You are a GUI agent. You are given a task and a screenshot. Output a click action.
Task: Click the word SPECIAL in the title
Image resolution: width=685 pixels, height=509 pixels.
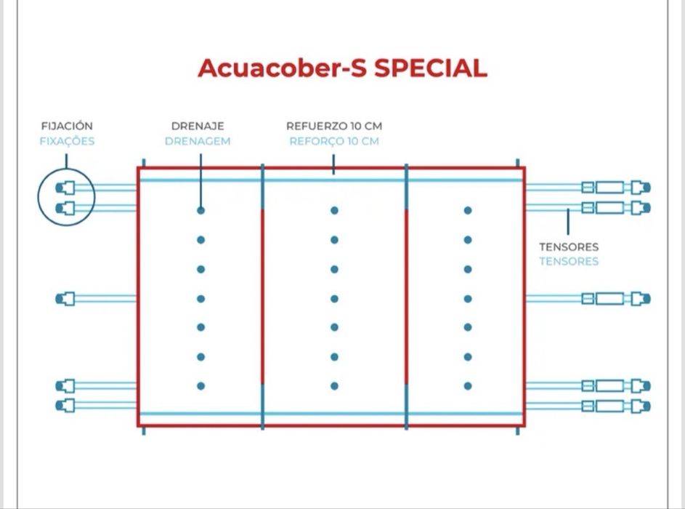430,68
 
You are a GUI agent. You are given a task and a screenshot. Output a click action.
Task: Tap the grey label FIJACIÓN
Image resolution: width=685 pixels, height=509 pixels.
67,126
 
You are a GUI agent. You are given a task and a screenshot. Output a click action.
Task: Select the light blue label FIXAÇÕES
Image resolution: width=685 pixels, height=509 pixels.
67,141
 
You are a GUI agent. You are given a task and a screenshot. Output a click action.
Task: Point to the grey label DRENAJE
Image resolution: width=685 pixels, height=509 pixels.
198,126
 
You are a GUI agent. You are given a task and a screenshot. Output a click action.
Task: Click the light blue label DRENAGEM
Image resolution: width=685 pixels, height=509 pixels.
198,141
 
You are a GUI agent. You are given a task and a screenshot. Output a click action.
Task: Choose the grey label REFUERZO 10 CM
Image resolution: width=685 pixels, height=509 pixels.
334,126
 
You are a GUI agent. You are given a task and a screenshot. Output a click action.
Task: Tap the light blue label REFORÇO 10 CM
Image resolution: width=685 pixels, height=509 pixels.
334,141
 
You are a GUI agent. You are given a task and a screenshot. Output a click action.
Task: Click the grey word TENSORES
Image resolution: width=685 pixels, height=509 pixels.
569,247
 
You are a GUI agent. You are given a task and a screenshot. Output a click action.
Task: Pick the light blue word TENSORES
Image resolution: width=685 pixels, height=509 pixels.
569,262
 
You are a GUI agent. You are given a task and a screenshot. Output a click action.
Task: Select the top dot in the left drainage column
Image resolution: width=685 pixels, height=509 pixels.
201,210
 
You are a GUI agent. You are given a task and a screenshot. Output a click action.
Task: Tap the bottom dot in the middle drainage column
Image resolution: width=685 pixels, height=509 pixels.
335,386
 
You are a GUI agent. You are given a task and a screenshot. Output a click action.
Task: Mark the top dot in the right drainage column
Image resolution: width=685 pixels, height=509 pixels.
468,210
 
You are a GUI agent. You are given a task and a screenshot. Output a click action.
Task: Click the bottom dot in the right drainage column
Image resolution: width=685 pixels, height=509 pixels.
468,386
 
